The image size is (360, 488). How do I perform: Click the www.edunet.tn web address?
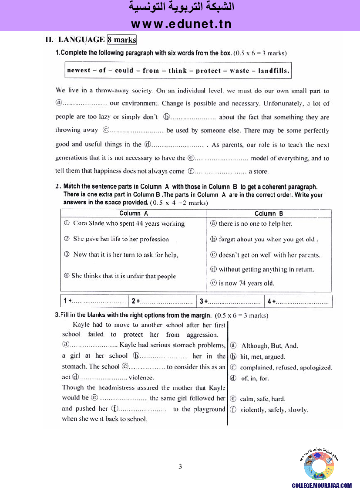(x=181, y=24)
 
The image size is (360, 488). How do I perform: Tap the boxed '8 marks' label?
(x=122, y=40)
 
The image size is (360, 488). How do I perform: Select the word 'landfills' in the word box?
(x=273, y=70)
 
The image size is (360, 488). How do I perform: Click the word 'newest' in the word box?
(x=79, y=70)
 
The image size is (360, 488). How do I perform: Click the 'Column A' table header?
(x=134, y=213)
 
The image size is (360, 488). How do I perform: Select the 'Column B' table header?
(x=269, y=213)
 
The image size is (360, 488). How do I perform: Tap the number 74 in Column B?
(x=243, y=283)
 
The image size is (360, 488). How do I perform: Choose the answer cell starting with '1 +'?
(x=94, y=301)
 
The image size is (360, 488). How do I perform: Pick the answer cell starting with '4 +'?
(x=298, y=301)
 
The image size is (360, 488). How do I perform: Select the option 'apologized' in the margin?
(x=315, y=367)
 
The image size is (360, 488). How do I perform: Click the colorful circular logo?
(x=319, y=466)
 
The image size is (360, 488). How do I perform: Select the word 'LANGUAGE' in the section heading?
(x=81, y=40)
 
